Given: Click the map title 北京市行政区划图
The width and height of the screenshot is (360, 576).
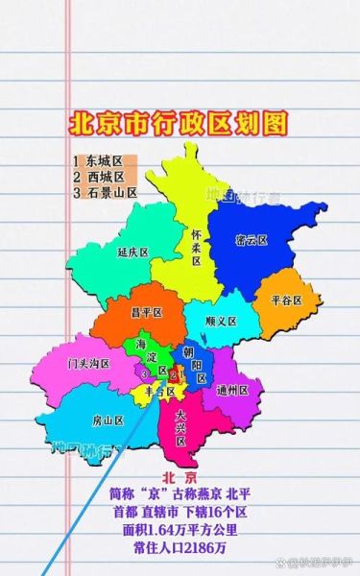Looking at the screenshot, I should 179,124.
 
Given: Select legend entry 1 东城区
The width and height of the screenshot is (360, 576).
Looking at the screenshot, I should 98,160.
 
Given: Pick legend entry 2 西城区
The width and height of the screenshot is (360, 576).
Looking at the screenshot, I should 98,176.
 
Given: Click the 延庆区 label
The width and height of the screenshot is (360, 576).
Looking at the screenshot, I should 133,253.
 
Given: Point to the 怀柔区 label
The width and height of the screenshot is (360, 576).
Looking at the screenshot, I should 196,247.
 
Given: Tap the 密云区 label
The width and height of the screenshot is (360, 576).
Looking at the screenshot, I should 252,239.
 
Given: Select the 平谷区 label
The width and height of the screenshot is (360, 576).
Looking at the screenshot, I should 286,300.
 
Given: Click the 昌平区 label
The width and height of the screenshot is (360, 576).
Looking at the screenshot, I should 146,311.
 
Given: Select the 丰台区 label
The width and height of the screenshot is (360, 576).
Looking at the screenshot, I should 158,391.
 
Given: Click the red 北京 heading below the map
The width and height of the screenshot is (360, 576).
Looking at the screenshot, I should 180,477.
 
